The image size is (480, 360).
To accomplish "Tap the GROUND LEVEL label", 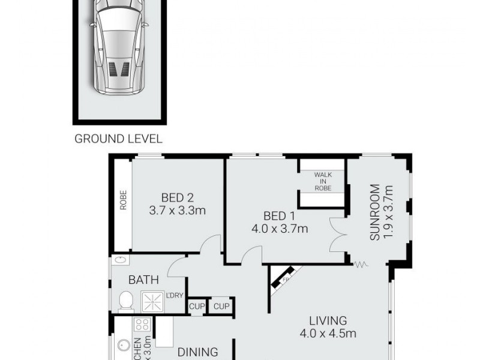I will click(x=118, y=139).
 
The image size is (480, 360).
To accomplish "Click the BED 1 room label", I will click(x=278, y=215).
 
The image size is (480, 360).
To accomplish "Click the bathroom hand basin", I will click(x=119, y=261).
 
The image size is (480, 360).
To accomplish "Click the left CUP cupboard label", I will click(x=197, y=306).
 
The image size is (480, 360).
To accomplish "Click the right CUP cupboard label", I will click(x=220, y=306).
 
